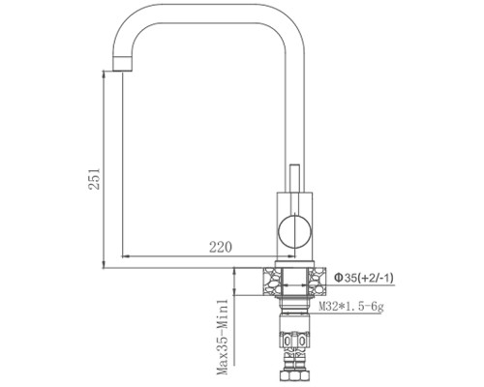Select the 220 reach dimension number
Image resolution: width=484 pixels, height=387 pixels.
pyautogui.click(x=222, y=249)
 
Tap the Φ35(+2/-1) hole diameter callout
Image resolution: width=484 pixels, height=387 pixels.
pyautogui.click(x=366, y=278)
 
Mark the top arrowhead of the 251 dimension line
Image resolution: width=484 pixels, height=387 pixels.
pyautogui.click(x=104, y=76)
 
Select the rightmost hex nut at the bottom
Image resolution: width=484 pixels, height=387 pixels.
pyautogui.click(x=304, y=374)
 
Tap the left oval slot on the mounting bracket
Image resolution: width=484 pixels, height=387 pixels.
pyautogui.click(x=287, y=342)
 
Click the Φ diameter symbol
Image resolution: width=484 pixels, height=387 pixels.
pyautogui.click(x=339, y=278)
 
